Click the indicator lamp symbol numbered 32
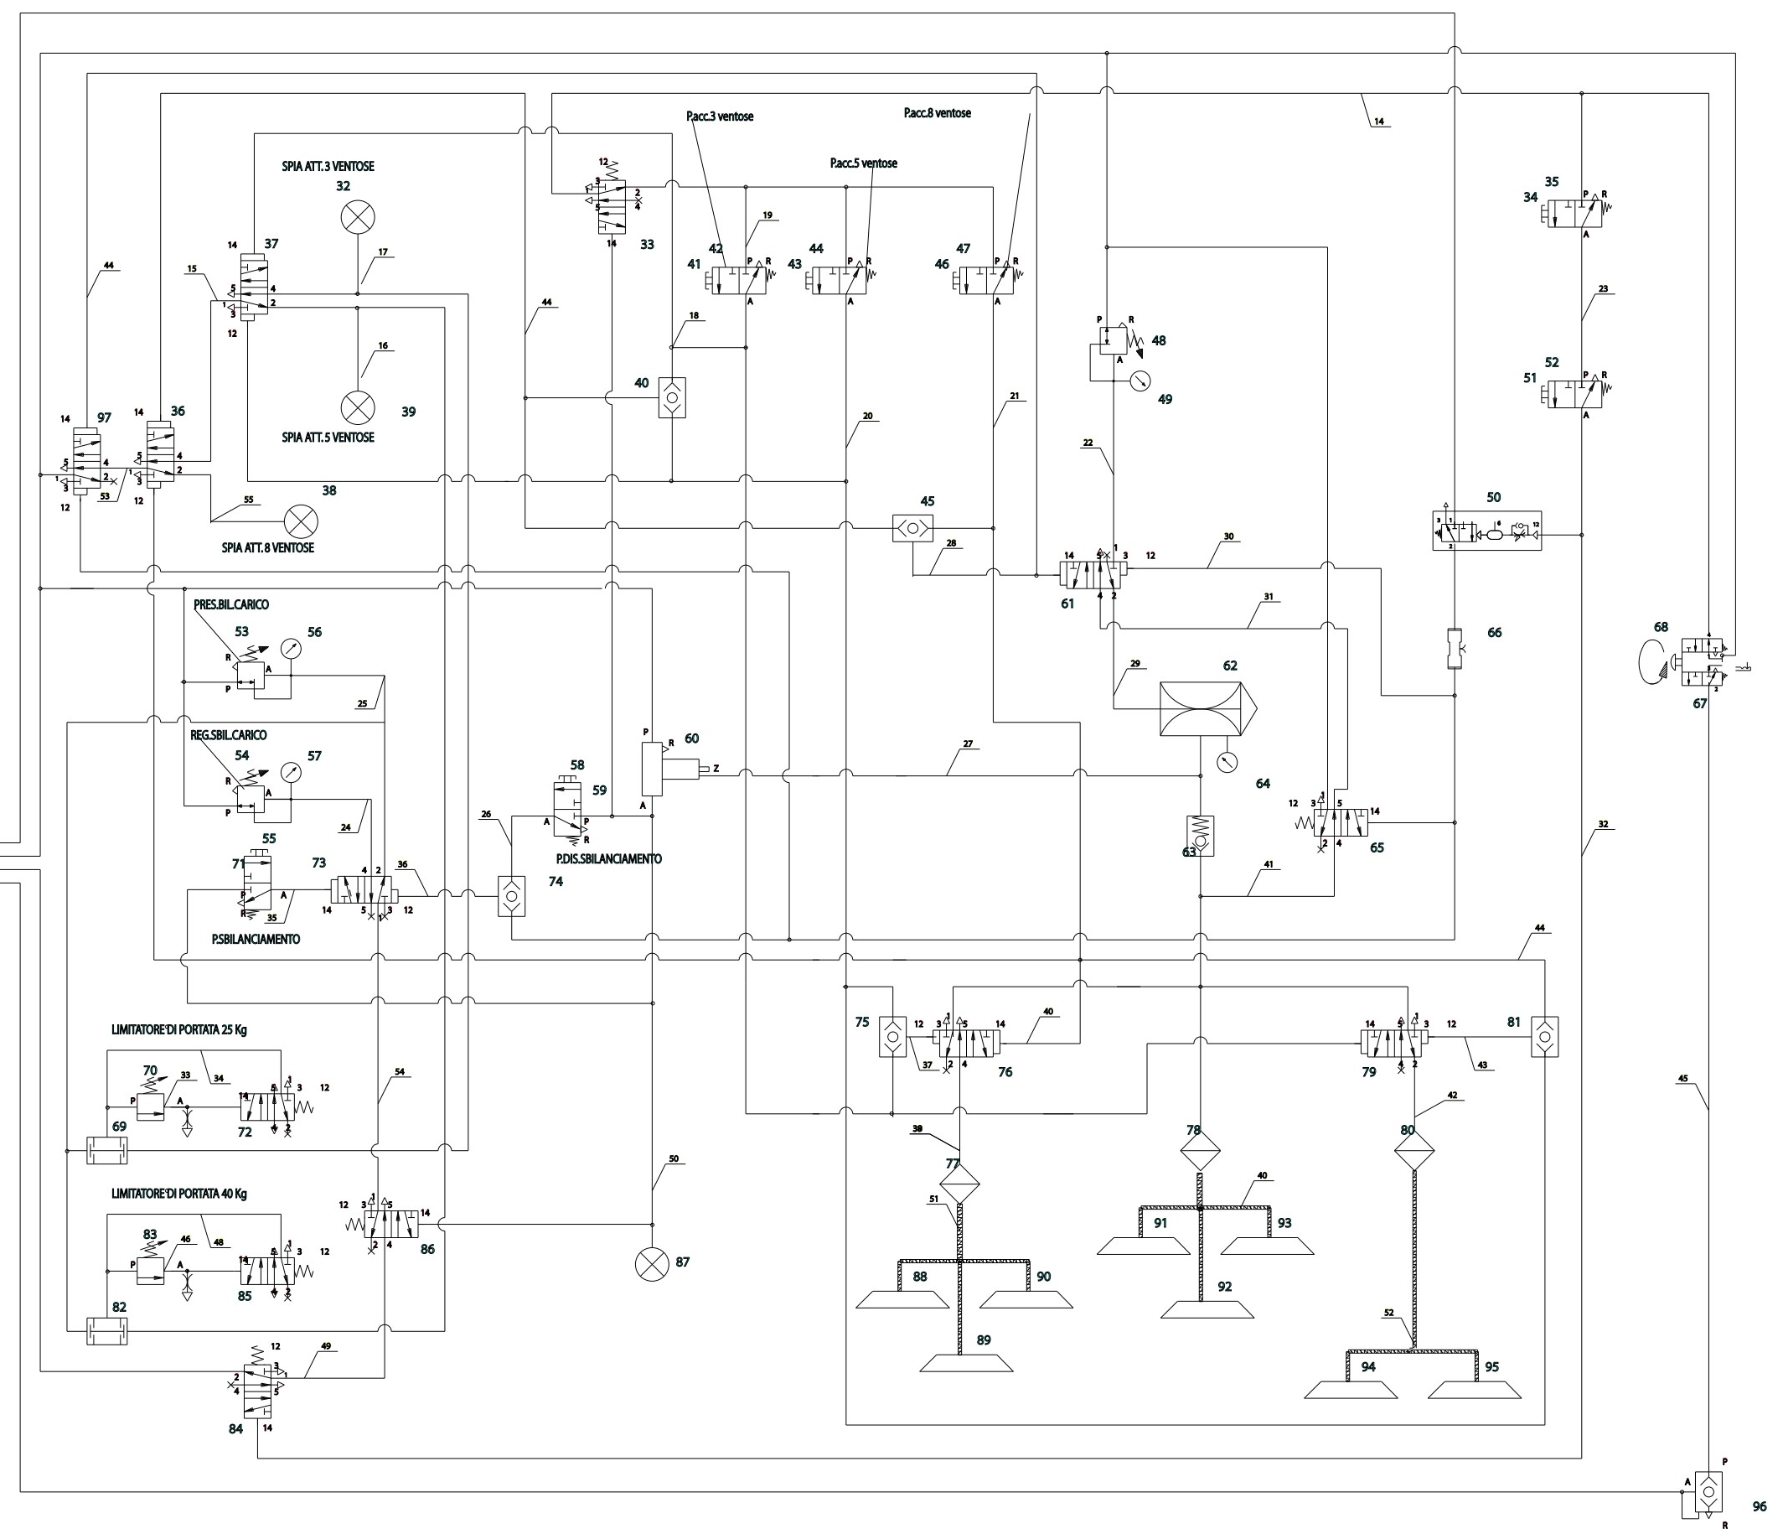tap(357, 217)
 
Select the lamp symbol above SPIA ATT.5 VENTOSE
tap(357, 407)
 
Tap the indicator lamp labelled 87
tap(651, 1263)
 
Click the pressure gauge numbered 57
tap(292, 772)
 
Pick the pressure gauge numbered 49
tap(1140, 380)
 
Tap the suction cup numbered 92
tap(1207, 1310)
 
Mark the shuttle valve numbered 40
tap(672, 397)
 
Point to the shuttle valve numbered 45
tap(913, 527)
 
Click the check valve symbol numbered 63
tap(1200, 835)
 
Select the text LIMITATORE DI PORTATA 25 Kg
tap(179, 1029)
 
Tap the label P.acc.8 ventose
tap(937, 113)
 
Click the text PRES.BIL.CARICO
tap(230, 604)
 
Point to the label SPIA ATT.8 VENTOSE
tap(267, 547)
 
